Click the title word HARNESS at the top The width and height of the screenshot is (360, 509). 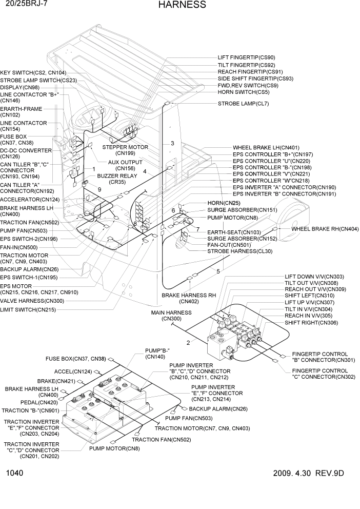tap(182, 5)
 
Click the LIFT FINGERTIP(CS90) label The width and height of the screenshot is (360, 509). tap(246, 57)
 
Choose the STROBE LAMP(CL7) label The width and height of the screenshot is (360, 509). tap(244, 103)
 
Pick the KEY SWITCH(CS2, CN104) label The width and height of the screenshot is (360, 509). tap(33, 73)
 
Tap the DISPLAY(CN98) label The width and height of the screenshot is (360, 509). tap(21, 87)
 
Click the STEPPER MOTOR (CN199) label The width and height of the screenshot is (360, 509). tap(125, 150)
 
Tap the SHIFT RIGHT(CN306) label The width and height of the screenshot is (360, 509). tap(311, 323)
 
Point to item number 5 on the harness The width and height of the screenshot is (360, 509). tap(218, 271)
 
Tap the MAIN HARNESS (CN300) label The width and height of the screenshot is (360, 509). tap(171, 316)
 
